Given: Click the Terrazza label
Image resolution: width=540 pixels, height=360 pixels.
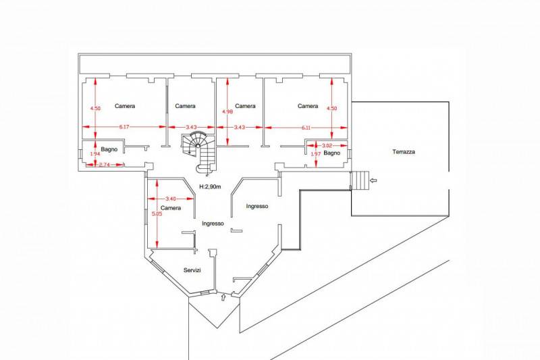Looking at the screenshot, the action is click(x=403, y=151).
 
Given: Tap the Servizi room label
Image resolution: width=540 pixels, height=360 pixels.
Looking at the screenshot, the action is click(x=192, y=270).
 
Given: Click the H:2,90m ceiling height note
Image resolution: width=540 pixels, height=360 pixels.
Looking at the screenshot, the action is click(x=210, y=186).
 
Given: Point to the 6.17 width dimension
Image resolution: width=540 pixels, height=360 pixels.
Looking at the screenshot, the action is click(x=124, y=127).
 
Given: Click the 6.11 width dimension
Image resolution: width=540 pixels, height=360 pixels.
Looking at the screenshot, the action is click(x=306, y=128).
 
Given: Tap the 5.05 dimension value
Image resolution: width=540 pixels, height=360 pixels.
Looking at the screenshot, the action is click(x=157, y=213).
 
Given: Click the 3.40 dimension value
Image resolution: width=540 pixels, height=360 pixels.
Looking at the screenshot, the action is click(x=171, y=199).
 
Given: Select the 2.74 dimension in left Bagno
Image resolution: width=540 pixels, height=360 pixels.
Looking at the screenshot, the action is click(x=104, y=165).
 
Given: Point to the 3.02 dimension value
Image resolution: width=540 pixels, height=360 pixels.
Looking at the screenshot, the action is click(x=327, y=145).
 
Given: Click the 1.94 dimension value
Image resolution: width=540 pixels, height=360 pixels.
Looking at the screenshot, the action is click(x=95, y=154).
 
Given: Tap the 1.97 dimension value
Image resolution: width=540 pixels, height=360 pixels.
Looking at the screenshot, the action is click(x=316, y=154).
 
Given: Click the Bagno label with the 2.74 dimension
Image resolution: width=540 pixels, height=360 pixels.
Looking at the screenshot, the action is click(x=109, y=149).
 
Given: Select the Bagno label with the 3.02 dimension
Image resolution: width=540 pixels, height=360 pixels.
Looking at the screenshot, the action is click(x=332, y=153).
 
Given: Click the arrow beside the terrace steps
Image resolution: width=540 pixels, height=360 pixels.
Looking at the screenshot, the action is click(x=373, y=180).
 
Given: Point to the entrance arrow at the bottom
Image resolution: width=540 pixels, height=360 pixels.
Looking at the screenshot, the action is click(x=223, y=297).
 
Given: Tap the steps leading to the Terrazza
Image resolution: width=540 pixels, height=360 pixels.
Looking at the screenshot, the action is click(x=360, y=180).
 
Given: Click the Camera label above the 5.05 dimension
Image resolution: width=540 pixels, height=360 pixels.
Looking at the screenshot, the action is click(x=171, y=208).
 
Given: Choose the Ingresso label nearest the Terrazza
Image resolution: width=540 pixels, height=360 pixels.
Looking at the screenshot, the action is click(x=257, y=206).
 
